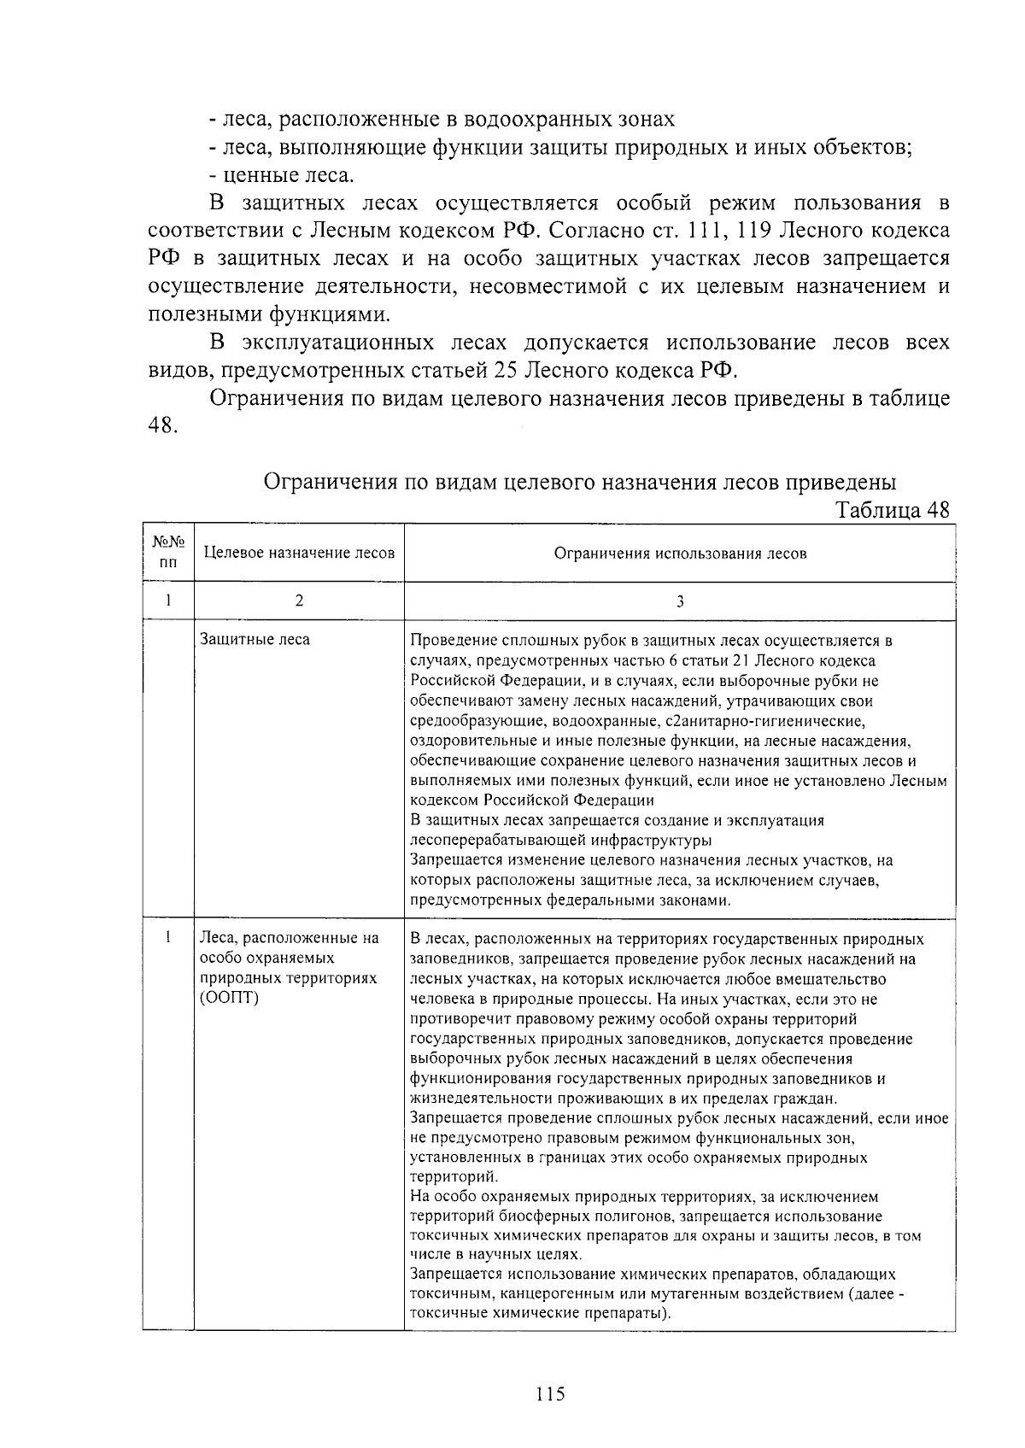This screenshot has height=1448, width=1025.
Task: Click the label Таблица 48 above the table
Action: coord(892,510)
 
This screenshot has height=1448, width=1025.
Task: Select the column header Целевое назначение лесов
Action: coord(299,553)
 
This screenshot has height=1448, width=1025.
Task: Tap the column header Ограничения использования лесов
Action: coord(680,553)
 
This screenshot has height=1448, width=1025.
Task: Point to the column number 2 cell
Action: coord(299,601)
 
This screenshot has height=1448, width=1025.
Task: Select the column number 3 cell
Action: coord(680,601)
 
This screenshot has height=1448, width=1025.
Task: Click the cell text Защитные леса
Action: coord(255,639)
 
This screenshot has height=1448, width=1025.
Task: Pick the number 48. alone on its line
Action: coord(162,425)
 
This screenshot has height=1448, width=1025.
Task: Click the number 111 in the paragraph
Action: coord(709,231)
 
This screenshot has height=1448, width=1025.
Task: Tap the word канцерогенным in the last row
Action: coord(545,1293)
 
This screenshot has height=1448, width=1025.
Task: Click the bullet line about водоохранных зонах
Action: coord(442,119)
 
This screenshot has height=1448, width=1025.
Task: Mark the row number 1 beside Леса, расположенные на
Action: coord(169,938)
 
